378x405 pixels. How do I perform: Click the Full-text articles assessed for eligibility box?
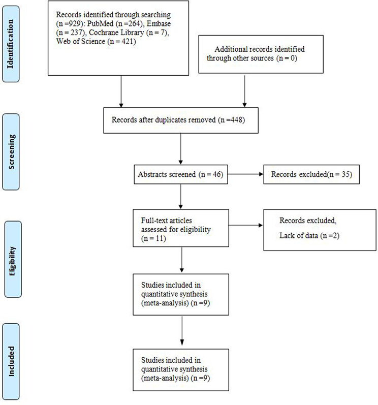point(180,223)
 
